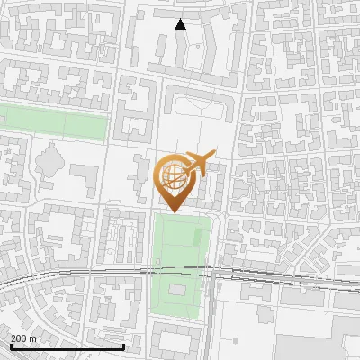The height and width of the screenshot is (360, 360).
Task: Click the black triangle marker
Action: point(180,24)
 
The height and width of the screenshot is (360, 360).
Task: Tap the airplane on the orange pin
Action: point(197,163)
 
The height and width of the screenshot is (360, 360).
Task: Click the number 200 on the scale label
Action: point(20,338)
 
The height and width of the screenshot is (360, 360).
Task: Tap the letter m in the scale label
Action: point(33,338)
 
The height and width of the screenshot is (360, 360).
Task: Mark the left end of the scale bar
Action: point(10,346)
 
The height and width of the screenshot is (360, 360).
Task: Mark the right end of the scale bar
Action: point(123,346)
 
